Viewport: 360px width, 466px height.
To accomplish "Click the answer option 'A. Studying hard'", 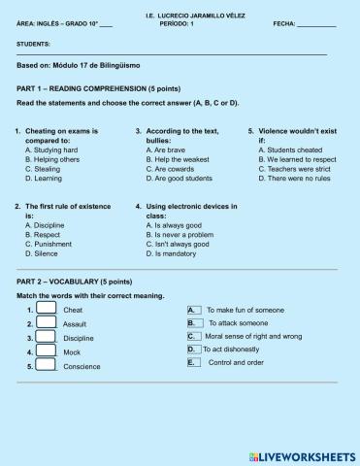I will tap(51, 150).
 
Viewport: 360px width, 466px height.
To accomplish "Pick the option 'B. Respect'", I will tap(44, 234).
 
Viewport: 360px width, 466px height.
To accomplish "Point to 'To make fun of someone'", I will tap(246, 310).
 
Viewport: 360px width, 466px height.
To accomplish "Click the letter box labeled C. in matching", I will tap(192, 336).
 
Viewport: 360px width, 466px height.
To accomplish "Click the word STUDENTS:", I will tap(35, 45).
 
